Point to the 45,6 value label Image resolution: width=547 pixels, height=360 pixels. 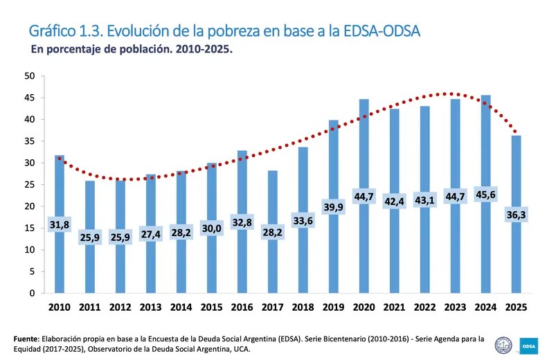coord(486,196)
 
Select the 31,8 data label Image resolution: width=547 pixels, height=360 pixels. coord(60,225)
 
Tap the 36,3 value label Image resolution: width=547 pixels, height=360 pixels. coord(517,216)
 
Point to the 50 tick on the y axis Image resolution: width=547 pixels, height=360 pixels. coord(30,75)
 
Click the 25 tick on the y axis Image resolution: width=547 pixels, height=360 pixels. coord(30,184)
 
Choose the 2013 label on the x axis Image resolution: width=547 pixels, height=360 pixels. coord(151,307)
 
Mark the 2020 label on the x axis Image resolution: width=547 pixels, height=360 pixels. coord(364,307)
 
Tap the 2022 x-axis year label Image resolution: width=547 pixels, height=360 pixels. coord(425,307)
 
